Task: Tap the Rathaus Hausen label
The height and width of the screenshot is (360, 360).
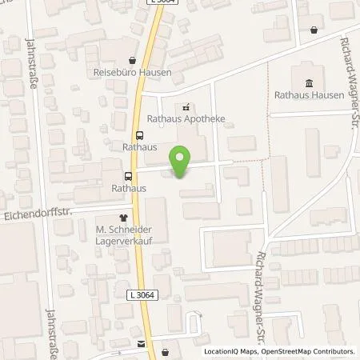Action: pos(309,95)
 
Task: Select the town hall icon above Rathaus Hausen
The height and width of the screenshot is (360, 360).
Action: pos(309,82)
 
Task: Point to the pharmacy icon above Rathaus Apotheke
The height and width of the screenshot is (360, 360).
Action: pos(186,106)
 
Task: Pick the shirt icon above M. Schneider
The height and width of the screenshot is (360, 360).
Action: pos(123,217)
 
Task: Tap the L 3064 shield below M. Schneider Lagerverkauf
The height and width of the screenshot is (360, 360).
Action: pos(141,295)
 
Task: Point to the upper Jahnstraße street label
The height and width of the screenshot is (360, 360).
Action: pos(33,63)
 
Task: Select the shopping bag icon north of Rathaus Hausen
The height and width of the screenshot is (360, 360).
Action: pos(313,30)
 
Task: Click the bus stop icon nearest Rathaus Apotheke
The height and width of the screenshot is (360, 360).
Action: pos(140,135)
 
